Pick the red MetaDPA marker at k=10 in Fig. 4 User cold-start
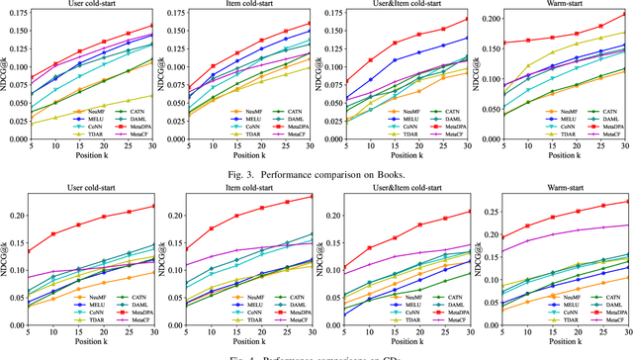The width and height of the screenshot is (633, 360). coord(55,234)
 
